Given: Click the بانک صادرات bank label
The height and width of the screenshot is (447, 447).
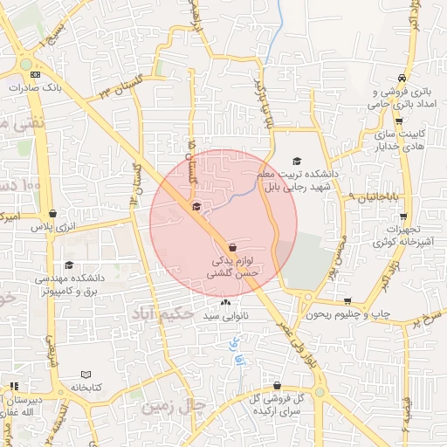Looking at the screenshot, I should pyautogui.click(x=34, y=87).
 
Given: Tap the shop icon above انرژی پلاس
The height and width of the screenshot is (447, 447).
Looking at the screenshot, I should pyautogui.click(x=53, y=213).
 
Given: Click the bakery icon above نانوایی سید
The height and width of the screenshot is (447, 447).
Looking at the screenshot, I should pyautogui.click(x=226, y=303).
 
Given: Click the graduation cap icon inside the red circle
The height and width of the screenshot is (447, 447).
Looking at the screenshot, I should pyautogui.click(x=196, y=207).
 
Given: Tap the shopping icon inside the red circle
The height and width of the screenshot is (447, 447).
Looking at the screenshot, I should pyautogui.click(x=230, y=248).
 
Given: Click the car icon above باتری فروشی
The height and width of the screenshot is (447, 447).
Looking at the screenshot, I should pyautogui.click(x=400, y=78).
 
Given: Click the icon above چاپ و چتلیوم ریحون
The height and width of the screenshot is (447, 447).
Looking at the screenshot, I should pyautogui.click(x=347, y=300).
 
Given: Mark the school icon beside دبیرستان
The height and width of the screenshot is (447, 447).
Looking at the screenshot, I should pyautogui.click(x=14, y=386).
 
